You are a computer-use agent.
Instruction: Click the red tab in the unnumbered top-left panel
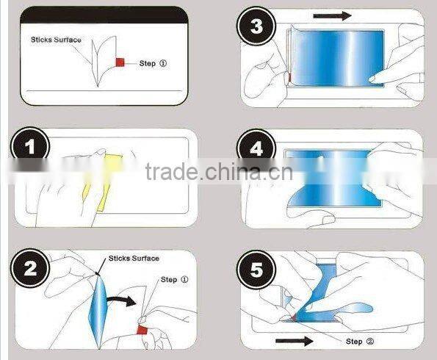pos(120,64)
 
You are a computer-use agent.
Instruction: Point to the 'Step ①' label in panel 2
pos(174,279)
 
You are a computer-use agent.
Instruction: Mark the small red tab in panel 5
pos(292,316)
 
